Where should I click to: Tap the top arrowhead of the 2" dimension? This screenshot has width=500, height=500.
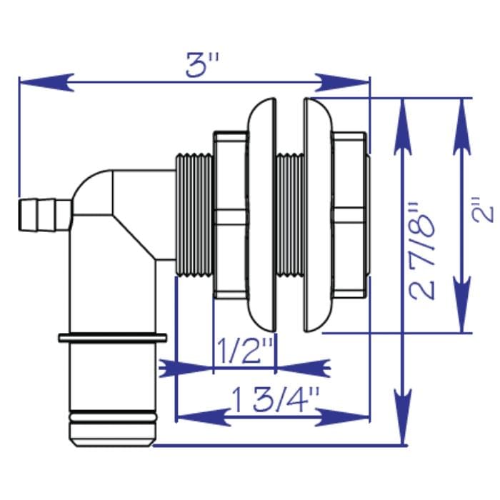click(x=463, y=114)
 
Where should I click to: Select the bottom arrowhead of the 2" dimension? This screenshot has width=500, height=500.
click(x=463, y=316)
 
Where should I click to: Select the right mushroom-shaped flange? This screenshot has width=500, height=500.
click(x=317, y=214)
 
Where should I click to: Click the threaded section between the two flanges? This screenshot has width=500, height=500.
click(x=289, y=214)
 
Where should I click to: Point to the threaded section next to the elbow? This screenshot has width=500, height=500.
click(x=194, y=214)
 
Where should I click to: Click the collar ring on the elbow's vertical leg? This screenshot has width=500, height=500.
click(x=113, y=336)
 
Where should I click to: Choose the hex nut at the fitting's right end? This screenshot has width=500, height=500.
click(x=350, y=214)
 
